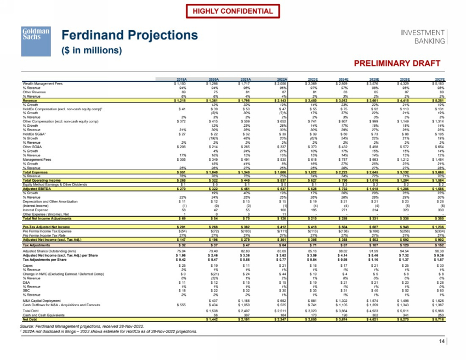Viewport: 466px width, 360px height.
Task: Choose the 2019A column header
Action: click(x=181, y=79)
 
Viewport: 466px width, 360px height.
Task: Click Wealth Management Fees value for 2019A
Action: click(x=181, y=83)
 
